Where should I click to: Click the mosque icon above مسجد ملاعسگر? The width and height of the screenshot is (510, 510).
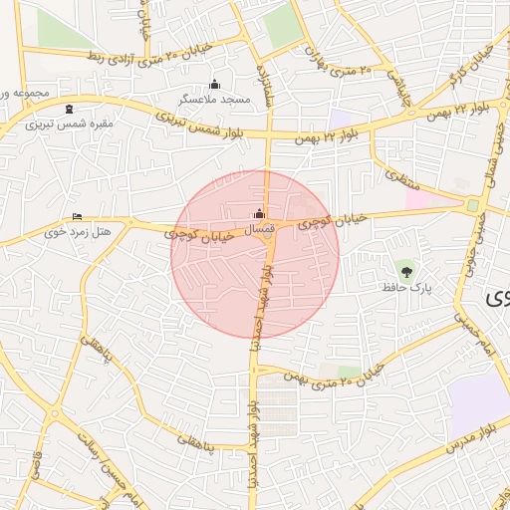(x=214, y=85)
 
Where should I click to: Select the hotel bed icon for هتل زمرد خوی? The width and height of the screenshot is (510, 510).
(x=78, y=217)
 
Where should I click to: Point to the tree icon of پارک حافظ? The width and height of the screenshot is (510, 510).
(x=404, y=270)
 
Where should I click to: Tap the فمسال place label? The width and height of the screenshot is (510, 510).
(x=259, y=229)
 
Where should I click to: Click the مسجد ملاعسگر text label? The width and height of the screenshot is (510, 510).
(x=211, y=100)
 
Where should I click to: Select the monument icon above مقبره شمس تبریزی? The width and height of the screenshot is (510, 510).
(x=69, y=108)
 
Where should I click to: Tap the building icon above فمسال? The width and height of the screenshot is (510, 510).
(x=260, y=212)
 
